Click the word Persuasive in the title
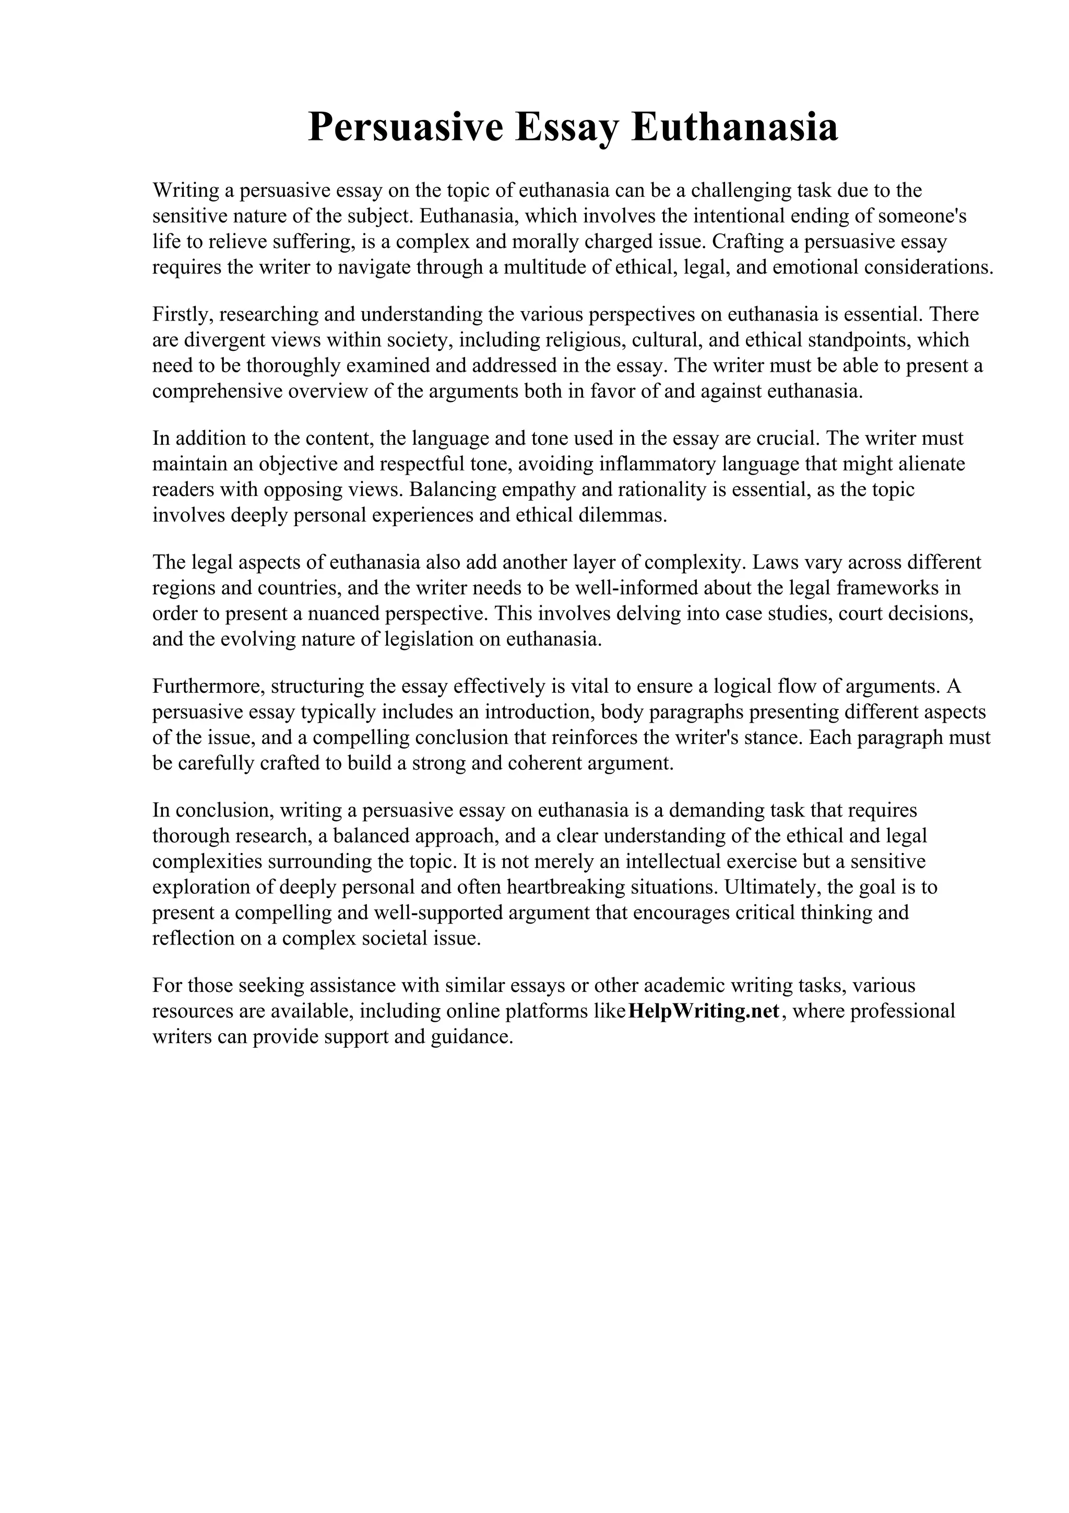click(405, 128)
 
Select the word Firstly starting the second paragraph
click(181, 315)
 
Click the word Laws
click(775, 563)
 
